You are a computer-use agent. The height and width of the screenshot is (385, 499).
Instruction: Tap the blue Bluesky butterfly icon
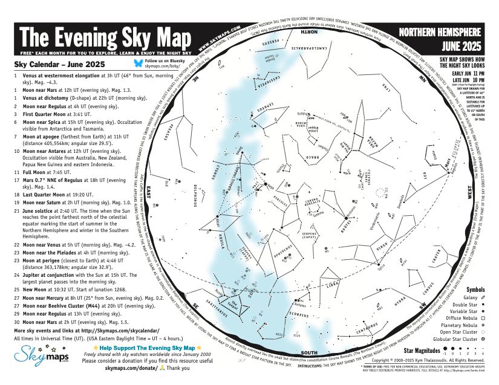(x=137, y=63)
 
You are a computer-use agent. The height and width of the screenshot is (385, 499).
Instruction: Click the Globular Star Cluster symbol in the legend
(x=483, y=339)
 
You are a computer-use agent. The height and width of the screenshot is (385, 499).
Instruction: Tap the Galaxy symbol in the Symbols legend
(x=483, y=297)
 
